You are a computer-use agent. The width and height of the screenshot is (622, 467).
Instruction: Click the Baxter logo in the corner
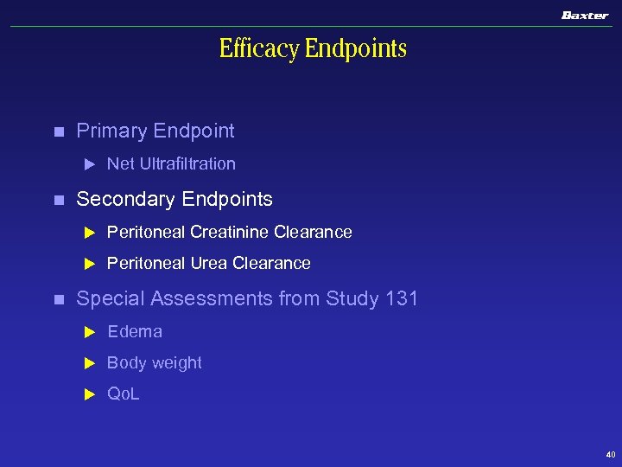(x=584, y=15)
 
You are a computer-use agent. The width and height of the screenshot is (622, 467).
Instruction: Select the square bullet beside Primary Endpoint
(x=58, y=132)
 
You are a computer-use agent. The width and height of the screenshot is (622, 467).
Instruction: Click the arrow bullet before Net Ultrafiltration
(x=87, y=164)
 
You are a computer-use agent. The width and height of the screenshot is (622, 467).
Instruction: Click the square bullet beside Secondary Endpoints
(x=58, y=200)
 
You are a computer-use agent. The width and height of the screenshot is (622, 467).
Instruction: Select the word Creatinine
(x=229, y=232)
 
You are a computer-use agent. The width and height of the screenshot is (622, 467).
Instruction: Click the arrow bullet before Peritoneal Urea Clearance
(x=87, y=264)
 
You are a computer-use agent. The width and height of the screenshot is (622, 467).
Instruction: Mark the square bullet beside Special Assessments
(x=58, y=300)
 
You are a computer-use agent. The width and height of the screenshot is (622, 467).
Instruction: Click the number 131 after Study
(x=402, y=299)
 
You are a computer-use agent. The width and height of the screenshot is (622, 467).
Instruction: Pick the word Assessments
(x=211, y=299)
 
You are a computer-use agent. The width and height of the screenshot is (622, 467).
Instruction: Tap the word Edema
(x=135, y=331)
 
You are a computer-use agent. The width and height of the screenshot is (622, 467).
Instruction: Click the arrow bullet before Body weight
(x=87, y=363)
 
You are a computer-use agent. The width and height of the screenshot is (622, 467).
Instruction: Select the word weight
(x=176, y=363)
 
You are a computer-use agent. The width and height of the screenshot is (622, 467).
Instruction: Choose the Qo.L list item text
(x=123, y=394)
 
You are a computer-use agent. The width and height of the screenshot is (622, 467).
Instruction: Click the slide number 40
(x=610, y=454)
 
